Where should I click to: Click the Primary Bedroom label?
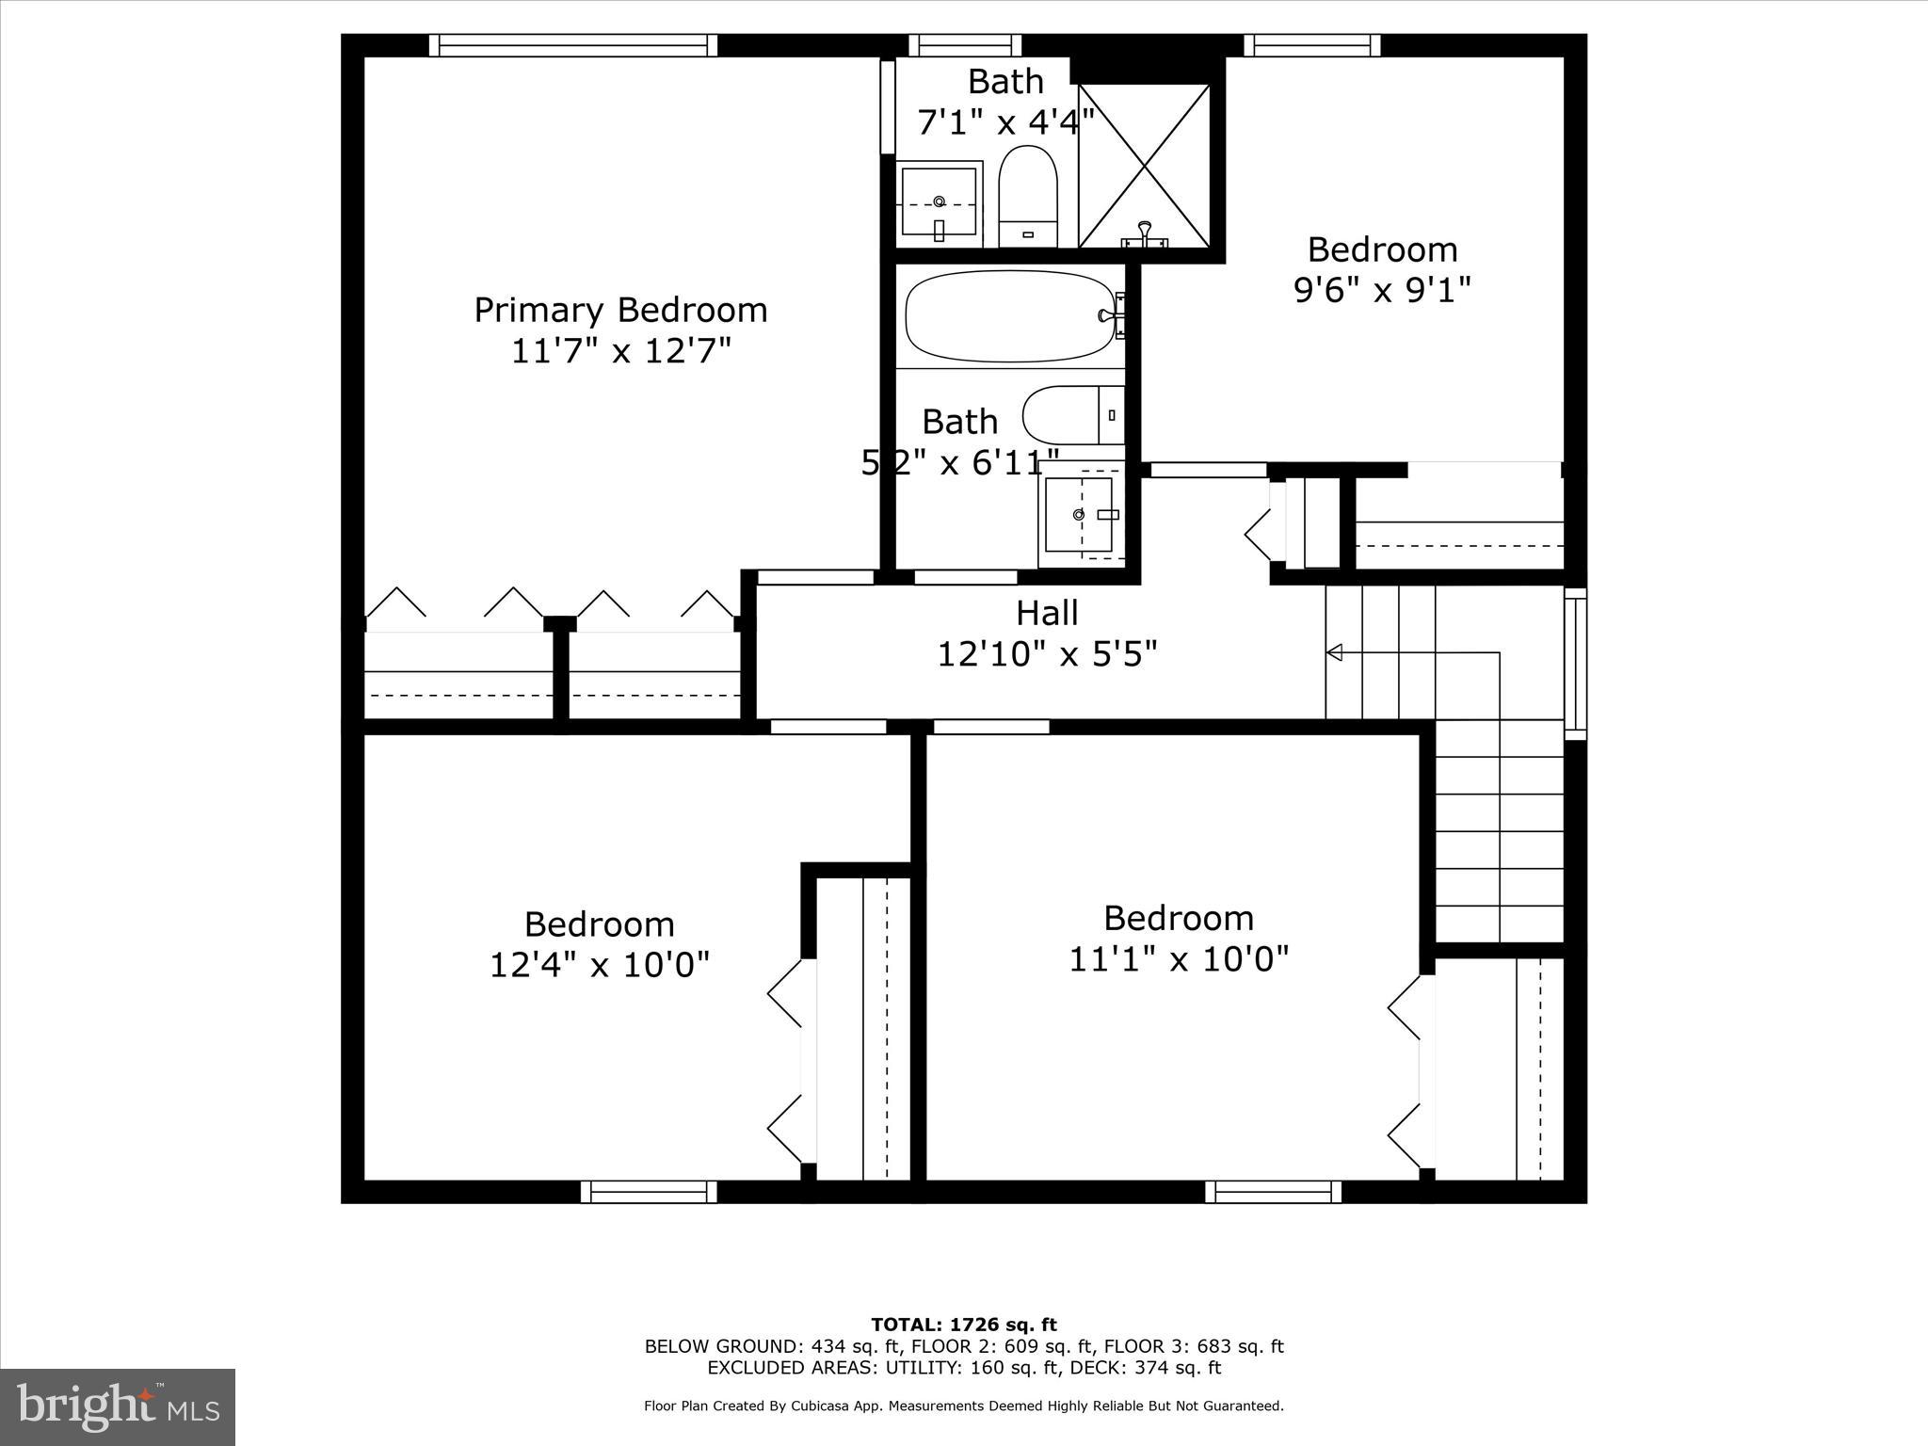[x=620, y=310]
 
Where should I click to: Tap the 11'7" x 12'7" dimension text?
[x=620, y=351]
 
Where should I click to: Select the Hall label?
[x=1047, y=613]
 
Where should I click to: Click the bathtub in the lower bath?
[x=1009, y=316]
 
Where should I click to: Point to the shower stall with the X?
[x=1144, y=166]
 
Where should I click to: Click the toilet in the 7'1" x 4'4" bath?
[x=1028, y=196]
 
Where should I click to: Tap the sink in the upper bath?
[x=939, y=202]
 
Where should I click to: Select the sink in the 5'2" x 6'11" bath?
[x=1080, y=514]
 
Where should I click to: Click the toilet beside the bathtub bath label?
[x=1073, y=415]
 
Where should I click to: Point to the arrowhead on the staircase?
[x=1333, y=652]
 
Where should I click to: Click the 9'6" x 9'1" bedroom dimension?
[x=1382, y=290]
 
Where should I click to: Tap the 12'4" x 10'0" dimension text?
[x=599, y=965]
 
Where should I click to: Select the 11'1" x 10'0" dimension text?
[x=1179, y=959]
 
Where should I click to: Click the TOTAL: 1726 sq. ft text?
[x=963, y=1325]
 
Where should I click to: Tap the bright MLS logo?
[x=118, y=1407]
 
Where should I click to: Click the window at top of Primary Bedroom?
[x=573, y=45]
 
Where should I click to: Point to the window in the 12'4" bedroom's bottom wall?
[x=649, y=1192]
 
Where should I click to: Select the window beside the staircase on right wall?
[x=1575, y=664]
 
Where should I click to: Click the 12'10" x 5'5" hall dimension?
[x=1047, y=653]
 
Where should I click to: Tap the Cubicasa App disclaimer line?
[x=963, y=1406]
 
